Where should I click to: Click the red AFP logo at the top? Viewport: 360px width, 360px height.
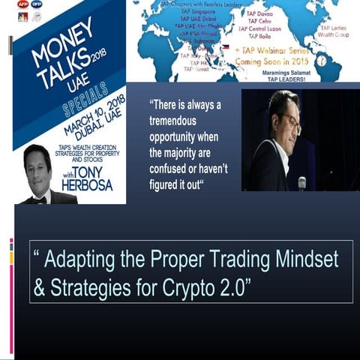22,4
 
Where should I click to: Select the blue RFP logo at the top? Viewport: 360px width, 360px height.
37,4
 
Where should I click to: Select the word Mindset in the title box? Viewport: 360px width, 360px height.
301,259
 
